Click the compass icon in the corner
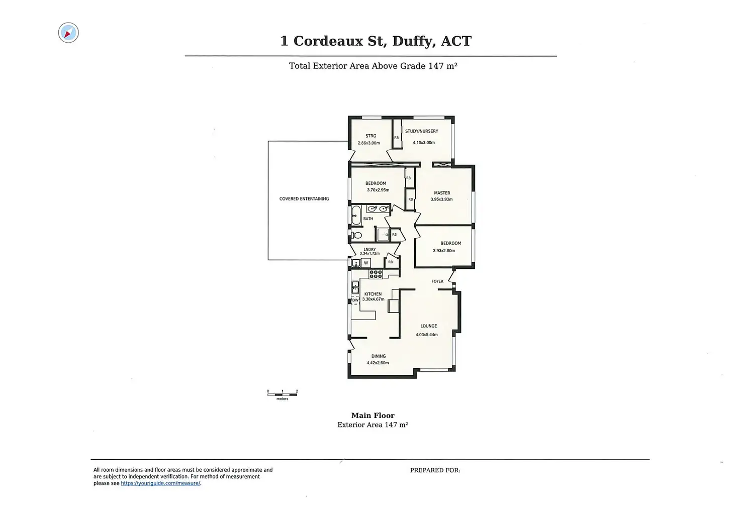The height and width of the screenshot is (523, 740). click(68, 33)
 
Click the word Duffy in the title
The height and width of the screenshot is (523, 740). click(414, 41)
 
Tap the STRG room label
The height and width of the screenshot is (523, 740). click(371, 136)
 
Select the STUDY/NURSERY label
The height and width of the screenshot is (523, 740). click(421, 131)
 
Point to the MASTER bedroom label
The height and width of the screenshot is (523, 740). click(442, 193)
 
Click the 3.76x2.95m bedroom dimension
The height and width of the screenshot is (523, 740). click(378, 190)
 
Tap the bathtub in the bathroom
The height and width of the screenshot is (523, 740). click(356, 215)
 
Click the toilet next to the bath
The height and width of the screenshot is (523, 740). click(357, 235)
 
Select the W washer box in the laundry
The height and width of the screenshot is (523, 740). click(366, 263)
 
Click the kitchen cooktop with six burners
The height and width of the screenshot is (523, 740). click(376, 274)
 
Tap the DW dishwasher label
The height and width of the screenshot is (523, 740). click(355, 300)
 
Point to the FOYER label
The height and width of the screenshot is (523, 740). click(437, 281)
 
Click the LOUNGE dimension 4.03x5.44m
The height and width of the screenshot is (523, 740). click(426, 335)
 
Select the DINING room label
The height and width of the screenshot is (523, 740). click(379, 356)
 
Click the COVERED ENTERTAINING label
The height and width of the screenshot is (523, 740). click(304, 199)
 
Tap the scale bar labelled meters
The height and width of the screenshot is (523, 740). click(282, 394)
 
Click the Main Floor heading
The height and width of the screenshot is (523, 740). click(373, 415)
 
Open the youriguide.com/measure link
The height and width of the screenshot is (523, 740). click(160, 483)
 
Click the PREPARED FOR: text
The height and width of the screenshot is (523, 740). click(435, 470)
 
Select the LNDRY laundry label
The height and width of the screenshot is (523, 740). click(369, 249)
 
